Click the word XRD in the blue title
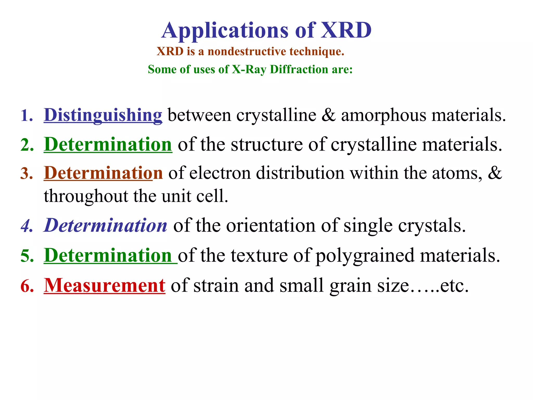click(x=346, y=30)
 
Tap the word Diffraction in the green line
click(x=299, y=69)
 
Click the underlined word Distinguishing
click(x=103, y=115)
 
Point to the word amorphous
click(x=384, y=115)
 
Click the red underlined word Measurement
click(x=104, y=285)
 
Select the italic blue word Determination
click(x=106, y=225)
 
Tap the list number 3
click(x=27, y=173)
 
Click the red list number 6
click(x=27, y=286)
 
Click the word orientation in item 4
click(x=271, y=225)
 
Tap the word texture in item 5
click(x=259, y=255)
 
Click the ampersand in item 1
click(x=328, y=115)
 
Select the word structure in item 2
click(x=267, y=144)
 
